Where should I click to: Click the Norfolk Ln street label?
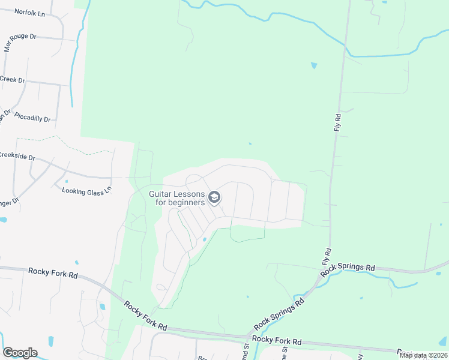click(30, 12)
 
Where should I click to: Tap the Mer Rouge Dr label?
click(19, 44)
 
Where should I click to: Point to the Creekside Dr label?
click(17, 157)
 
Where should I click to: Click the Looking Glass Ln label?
click(87, 190)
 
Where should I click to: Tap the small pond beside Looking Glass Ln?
click(67, 181)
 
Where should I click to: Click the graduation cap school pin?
click(214, 197)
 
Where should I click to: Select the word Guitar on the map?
click(161, 193)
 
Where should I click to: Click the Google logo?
click(20, 353)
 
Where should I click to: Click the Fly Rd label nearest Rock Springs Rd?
click(327, 257)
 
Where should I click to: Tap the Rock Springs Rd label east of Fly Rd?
click(348, 269)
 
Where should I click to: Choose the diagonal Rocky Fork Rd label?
click(145, 316)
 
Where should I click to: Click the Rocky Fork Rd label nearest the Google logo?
click(53, 272)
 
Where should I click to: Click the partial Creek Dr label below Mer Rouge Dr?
click(12, 79)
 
